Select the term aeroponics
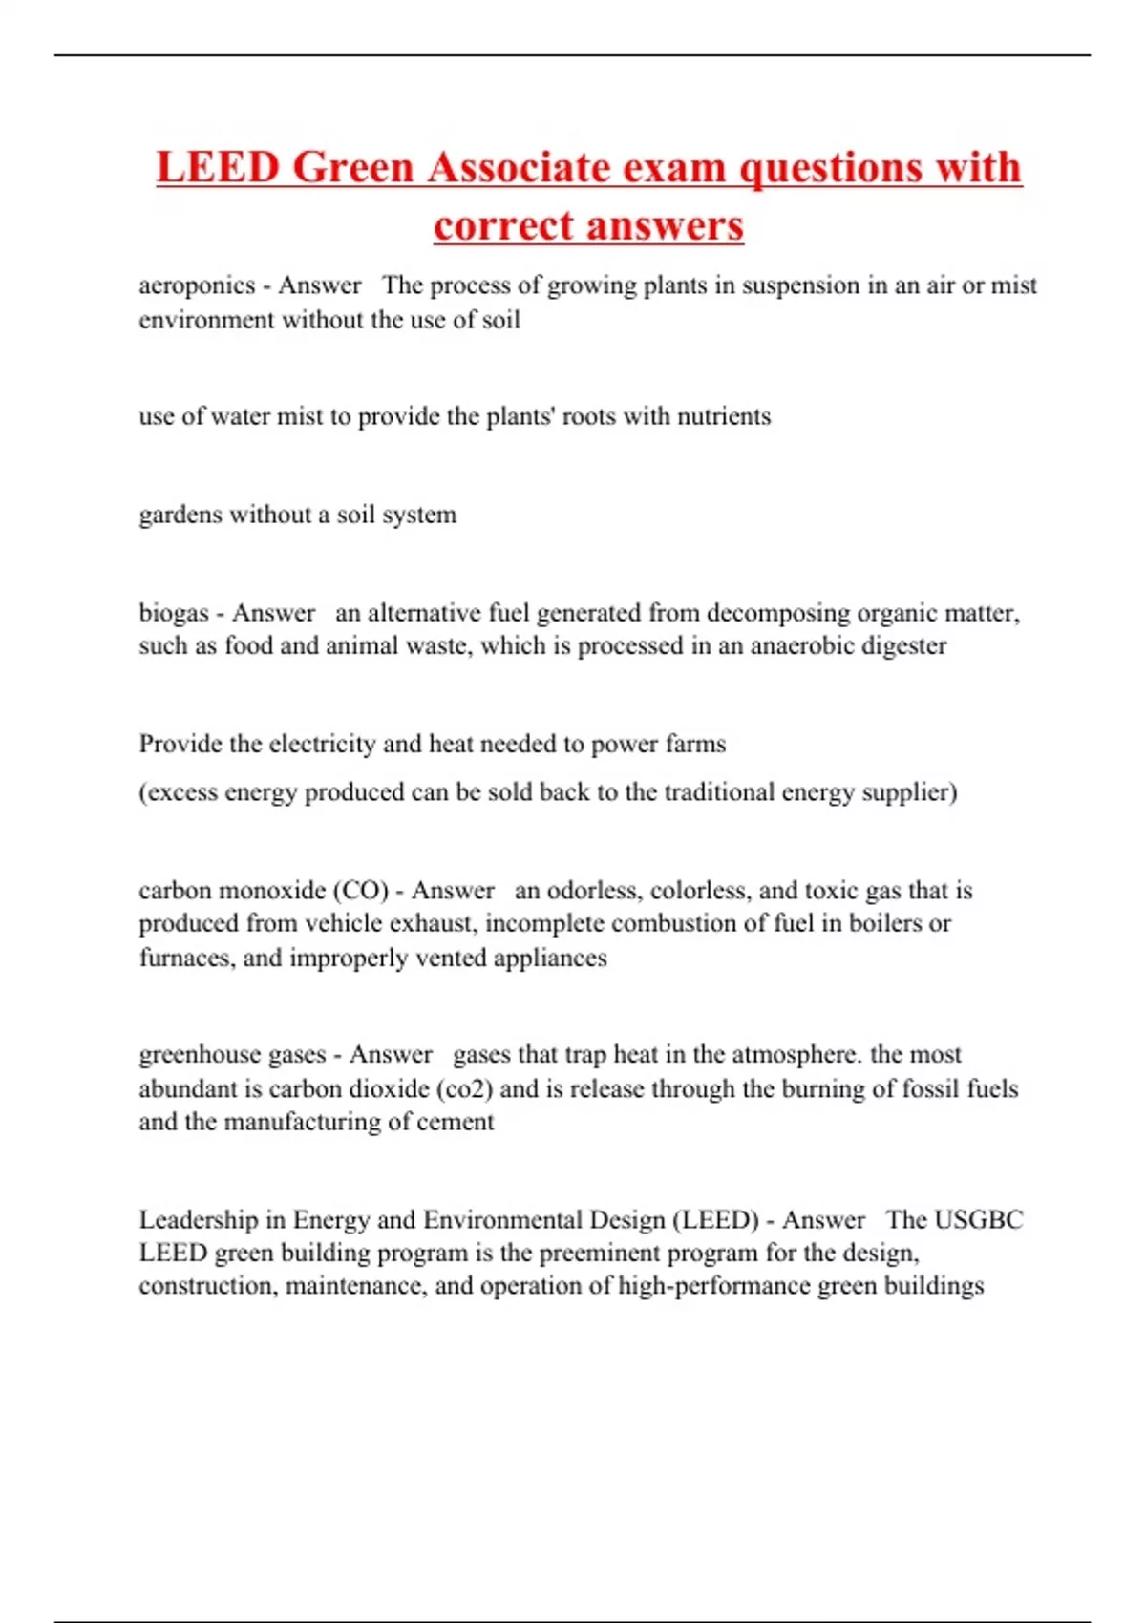(197, 285)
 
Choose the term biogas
(173, 613)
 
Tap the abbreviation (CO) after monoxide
(360, 891)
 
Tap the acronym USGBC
(978, 1220)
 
